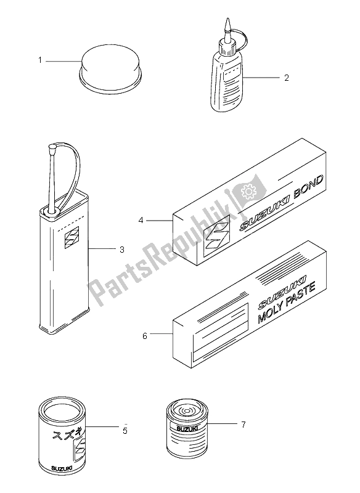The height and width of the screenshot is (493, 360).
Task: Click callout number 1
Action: (40, 60)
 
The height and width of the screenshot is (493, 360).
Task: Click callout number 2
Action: (287, 78)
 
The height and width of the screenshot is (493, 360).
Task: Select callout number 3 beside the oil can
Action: (121, 250)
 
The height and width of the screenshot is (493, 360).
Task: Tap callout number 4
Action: (141, 221)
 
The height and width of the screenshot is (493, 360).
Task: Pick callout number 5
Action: (125, 430)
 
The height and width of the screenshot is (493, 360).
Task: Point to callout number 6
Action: (145, 336)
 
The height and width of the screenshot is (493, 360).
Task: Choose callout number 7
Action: (243, 425)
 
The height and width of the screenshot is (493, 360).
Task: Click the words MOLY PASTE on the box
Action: (286, 303)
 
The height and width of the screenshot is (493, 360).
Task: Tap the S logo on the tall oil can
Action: (72, 237)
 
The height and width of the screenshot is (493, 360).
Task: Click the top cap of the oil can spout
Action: (52, 146)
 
